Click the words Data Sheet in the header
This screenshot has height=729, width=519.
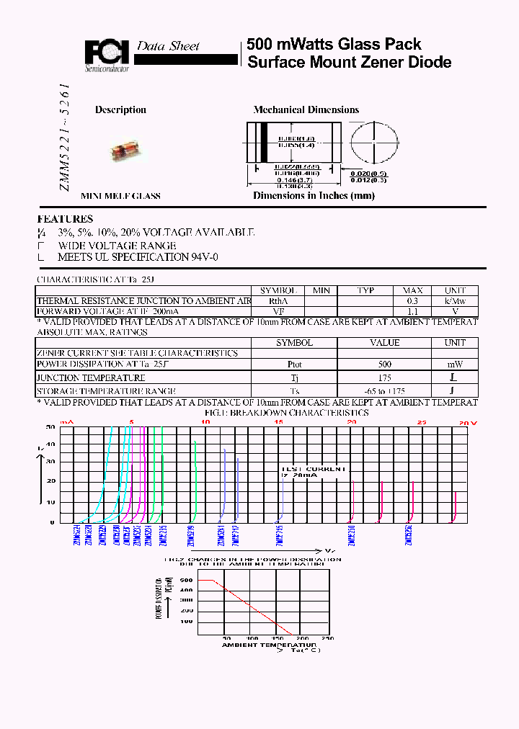(168, 46)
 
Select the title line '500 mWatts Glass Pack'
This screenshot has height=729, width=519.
(334, 44)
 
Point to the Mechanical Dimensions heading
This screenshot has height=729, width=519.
(306, 110)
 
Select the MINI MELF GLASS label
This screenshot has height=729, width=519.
(120, 196)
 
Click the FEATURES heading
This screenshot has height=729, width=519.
(65, 219)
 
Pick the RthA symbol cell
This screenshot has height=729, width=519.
(278, 301)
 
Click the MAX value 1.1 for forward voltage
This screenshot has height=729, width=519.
(412, 312)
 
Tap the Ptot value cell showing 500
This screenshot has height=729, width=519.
(384, 364)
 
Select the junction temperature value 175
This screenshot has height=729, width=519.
(384, 377)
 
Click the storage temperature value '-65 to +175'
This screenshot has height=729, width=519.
(384, 390)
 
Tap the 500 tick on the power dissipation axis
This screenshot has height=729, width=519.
(186, 579)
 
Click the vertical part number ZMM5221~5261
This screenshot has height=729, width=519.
(64, 137)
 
